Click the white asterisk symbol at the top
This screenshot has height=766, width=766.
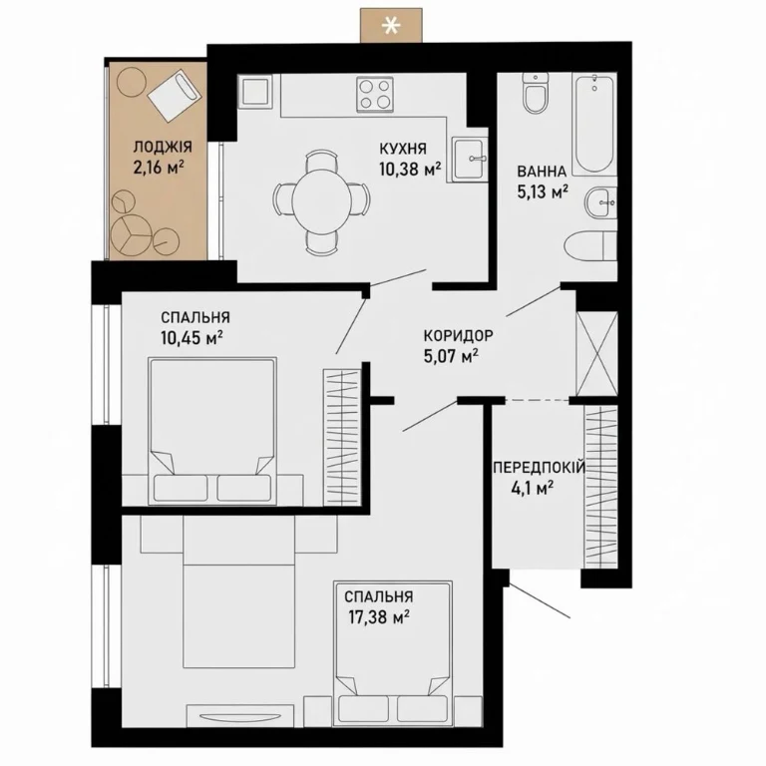point(390,26)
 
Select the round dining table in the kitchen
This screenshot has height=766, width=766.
point(321,201)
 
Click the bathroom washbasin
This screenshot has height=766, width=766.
point(600,201)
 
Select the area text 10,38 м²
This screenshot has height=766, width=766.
point(410,169)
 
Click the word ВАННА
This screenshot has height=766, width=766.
point(542,172)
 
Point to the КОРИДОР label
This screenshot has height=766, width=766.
point(458,335)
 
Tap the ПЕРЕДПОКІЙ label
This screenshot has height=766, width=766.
point(539,468)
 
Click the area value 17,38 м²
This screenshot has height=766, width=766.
point(379,617)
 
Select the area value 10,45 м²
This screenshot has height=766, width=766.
point(191,338)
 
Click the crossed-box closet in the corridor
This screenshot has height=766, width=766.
point(597,353)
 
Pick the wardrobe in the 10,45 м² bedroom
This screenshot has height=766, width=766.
point(342,437)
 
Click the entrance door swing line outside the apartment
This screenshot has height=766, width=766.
point(540,600)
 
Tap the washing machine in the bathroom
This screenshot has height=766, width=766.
point(590,246)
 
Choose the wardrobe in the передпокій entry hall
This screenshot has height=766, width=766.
point(600,487)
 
